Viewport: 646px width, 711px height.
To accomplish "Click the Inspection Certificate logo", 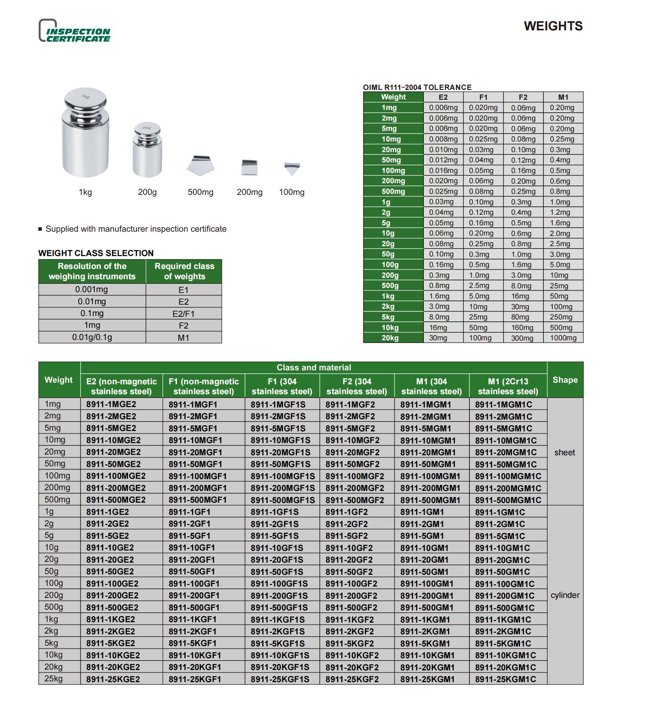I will tap(75, 31).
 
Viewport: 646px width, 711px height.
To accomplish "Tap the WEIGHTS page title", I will tap(553, 26).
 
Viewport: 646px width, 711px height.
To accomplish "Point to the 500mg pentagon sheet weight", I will tap(201, 165).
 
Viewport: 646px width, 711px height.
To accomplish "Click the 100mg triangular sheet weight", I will tap(292, 168).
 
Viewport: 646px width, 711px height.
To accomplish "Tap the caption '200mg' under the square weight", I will tap(250, 192).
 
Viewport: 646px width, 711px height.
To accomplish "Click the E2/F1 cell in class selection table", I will tap(183, 314).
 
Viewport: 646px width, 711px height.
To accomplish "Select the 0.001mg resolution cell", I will tap(92, 289).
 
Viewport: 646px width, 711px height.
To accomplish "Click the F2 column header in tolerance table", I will tap(523, 97).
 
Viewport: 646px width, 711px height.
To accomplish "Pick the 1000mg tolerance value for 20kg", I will tap(563, 338).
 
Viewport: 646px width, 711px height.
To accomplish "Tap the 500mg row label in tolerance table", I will tap(393, 192).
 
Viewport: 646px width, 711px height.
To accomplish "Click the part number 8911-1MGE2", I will tap(111, 404).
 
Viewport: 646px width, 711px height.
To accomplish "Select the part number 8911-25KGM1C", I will tap(505, 679).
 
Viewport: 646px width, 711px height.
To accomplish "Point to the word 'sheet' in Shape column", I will tap(564, 452).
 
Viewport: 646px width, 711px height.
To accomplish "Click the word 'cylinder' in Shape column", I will tap(565, 595).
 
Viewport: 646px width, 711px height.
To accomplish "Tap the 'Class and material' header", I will tap(314, 368).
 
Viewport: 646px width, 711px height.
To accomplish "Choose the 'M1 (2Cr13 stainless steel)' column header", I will tap(508, 386).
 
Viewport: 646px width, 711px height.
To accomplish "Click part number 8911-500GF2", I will tap(351, 607).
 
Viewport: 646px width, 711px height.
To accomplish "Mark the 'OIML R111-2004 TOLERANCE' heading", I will tap(417, 87).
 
